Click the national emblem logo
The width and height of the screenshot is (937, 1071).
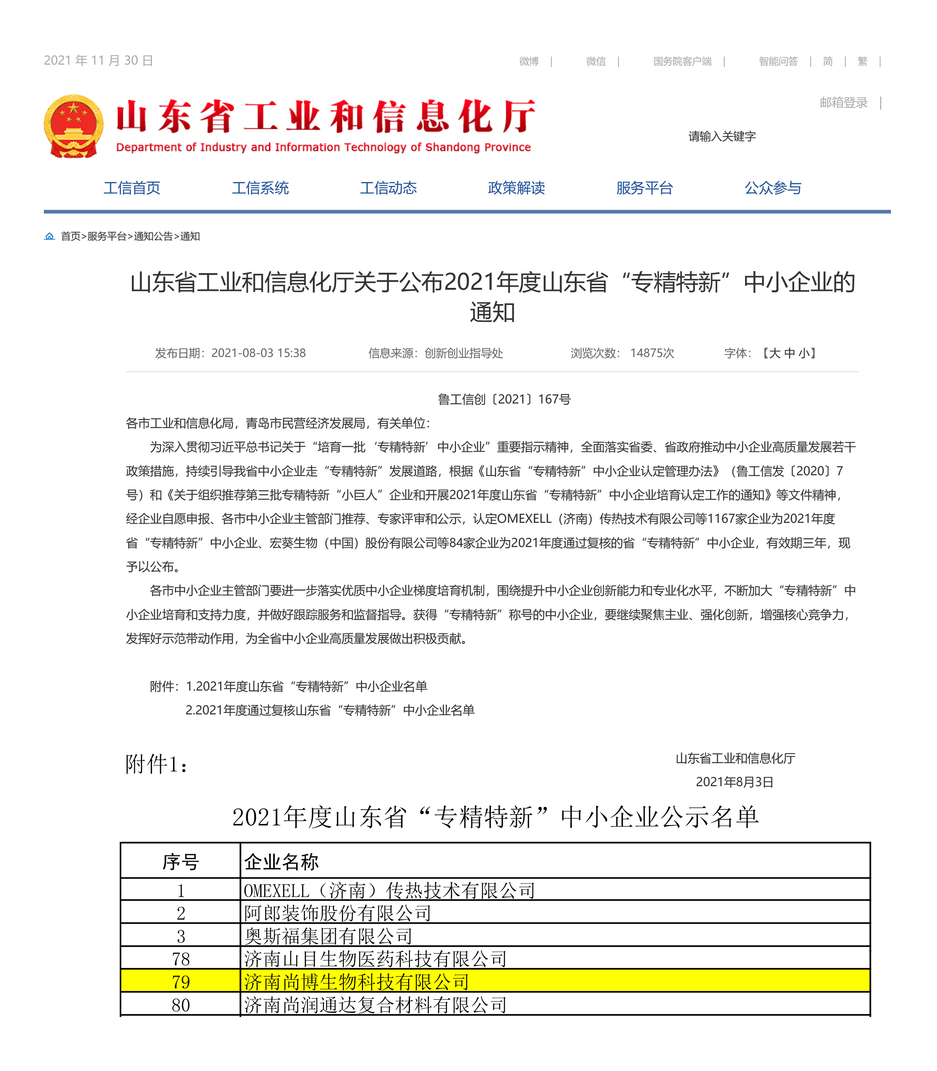pos(73,126)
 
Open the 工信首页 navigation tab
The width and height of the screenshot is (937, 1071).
pos(132,188)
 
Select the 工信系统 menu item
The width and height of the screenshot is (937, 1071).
pos(260,188)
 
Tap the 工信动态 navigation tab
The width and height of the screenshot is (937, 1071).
pos(388,188)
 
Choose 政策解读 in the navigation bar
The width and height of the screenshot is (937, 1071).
pos(516,188)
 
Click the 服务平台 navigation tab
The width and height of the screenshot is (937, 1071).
pos(644,188)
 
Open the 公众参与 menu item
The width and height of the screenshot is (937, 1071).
pos(772,188)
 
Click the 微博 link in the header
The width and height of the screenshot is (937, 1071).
pos(529,62)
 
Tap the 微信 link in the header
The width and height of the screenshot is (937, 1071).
pos(595,62)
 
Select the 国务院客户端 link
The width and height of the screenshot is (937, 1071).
pos(682,62)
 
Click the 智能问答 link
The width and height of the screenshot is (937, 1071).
pos(778,62)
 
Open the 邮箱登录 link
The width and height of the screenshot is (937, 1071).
pos(843,102)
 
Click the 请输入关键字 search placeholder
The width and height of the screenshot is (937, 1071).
pos(722,136)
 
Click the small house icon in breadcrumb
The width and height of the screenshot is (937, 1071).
pos(49,236)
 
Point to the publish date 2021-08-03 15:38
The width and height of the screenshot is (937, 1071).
pos(258,353)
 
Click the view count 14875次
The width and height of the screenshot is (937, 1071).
pos(652,353)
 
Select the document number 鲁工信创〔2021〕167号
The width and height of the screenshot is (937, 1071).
pos(504,399)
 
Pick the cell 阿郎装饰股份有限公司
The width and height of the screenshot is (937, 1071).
pos(337,913)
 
